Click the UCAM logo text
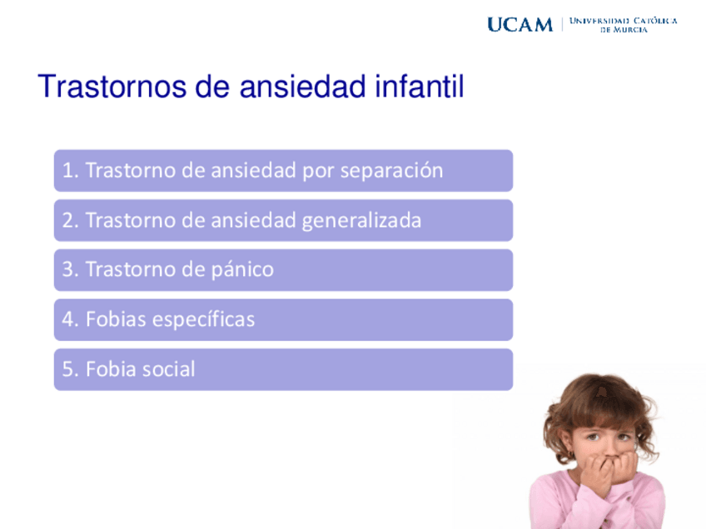point(520,25)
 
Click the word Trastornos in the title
point(112,86)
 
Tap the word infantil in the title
point(420,86)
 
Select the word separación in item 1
point(391,171)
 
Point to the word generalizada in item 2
point(361,221)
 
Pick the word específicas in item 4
point(203,319)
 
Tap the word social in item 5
point(168,368)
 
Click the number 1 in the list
point(67,171)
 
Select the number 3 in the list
point(67,269)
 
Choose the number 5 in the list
point(67,368)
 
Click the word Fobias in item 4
point(117,319)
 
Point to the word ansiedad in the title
point(302,86)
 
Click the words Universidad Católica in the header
point(623,21)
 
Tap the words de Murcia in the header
point(624,30)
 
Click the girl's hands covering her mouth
point(609,470)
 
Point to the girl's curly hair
point(599,405)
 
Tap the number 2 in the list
point(67,220)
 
